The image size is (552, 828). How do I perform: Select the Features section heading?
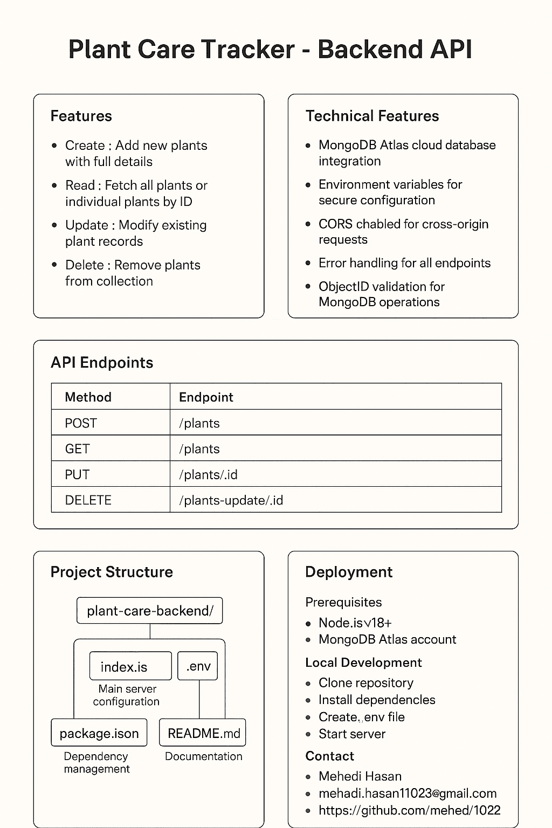81,116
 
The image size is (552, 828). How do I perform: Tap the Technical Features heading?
372,116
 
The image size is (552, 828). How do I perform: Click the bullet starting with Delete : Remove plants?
132,273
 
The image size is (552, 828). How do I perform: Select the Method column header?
88,397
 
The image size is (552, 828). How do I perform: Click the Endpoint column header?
206,397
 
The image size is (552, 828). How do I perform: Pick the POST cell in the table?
81,423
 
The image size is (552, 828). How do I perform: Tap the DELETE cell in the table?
88,500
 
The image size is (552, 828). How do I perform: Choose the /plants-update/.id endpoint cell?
231,500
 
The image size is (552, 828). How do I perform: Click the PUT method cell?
77,474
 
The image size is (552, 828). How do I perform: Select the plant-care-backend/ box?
150,611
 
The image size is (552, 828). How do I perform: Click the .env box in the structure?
198,666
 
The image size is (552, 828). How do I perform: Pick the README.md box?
203,733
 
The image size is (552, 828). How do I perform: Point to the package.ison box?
99,733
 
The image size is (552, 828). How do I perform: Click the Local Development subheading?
363,663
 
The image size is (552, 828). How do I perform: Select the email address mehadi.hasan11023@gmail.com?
407,793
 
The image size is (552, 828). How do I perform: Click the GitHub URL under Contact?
409,810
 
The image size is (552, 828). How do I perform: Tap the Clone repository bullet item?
365,682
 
